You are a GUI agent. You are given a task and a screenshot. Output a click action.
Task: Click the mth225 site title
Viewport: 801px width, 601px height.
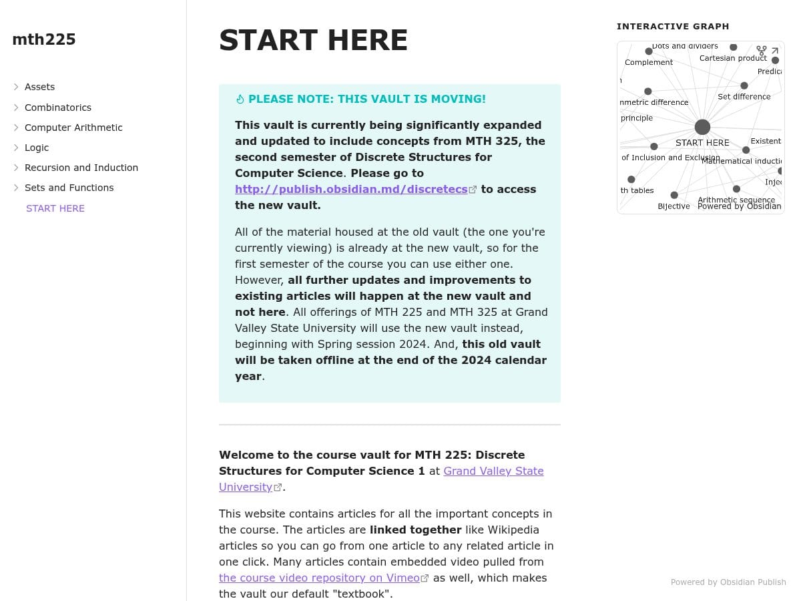(x=44, y=40)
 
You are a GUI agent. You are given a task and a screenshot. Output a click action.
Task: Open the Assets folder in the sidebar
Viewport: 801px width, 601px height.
(x=39, y=87)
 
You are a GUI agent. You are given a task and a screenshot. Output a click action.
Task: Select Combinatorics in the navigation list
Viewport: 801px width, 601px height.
(x=58, y=108)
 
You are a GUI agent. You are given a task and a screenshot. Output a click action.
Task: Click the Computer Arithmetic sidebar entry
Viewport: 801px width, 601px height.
(x=73, y=128)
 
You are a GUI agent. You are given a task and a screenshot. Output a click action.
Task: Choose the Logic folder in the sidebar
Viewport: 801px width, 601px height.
(x=37, y=148)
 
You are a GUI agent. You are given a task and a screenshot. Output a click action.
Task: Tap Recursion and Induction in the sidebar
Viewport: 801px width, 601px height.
(x=81, y=168)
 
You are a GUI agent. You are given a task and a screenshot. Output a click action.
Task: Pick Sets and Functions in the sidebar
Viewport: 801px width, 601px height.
(x=69, y=188)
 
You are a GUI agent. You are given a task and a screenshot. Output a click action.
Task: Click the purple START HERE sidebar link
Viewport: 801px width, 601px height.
(x=55, y=208)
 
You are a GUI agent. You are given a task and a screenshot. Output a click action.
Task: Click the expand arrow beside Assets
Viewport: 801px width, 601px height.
(x=16, y=87)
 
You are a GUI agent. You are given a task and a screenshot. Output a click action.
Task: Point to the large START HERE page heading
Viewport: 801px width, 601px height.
(x=313, y=41)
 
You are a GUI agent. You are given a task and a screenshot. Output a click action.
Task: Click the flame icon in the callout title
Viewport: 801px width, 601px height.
(x=240, y=99)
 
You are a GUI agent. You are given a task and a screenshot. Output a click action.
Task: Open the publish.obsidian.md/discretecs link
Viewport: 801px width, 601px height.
(x=351, y=190)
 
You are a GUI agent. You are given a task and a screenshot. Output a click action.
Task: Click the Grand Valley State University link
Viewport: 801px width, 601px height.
(x=493, y=471)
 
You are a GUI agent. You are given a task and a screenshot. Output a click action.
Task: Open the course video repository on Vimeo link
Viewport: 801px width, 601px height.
(x=319, y=578)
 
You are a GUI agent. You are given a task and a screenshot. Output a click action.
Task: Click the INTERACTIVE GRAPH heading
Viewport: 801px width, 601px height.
(x=673, y=27)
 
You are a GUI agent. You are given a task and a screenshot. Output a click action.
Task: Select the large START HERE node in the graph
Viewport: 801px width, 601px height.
(x=702, y=128)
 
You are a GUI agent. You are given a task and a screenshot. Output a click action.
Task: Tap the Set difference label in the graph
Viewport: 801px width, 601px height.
(x=744, y=97)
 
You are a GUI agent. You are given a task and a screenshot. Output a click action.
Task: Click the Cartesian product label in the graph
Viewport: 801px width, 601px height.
(x=733, y=58)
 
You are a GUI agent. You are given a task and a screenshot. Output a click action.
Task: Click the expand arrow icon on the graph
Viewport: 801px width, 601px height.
(x=775, y=51)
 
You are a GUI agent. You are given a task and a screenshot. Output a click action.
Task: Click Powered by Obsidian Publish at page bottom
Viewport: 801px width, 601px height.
(x=728, y=582)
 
